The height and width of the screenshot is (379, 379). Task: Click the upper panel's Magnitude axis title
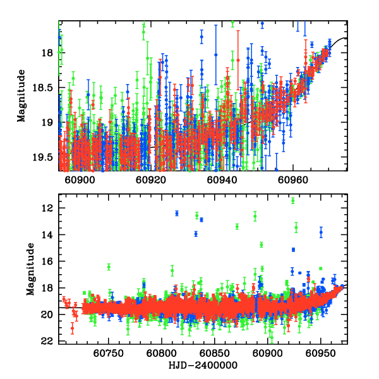(x=22, y=95)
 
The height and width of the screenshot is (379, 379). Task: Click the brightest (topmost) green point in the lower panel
(x=293, y=201)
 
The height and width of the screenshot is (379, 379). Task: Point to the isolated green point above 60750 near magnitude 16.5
(x=109, y=267)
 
